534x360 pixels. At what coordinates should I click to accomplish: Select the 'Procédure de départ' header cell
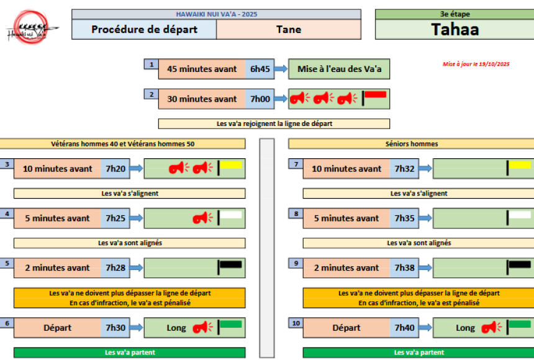pyautogui.click(x=144, y=29)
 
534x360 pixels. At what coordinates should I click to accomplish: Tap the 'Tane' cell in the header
pyautogui.click(x=288, y=29)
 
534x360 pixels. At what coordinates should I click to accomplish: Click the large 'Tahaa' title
pyautogui.click(x=455, y=29)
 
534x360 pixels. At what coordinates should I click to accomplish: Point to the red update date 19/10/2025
pyautogui.click(x=476, y=64)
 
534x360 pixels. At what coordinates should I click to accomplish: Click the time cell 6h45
pyautogui.click(x=259, y=70)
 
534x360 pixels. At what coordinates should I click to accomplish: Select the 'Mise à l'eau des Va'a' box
pyautogui.click(x=339, y=70)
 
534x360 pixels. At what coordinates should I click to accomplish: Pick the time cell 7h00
pyautogui.click(x=259, y=99)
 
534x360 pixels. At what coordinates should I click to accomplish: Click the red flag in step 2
pyautogui.click(x=375, y=95)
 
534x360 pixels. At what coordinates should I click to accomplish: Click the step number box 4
pyautogui.click(x=7, y=214)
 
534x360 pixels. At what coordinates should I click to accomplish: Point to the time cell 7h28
pyautogui.click(x=115, y=268)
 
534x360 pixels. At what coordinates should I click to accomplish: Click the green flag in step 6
pyautogui.click(x=232, y=324)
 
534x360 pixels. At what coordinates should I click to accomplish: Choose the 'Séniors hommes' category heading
pyautogui.click(x=412, y=144)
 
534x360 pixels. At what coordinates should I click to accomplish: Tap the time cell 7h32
pyautogui.click(x=404, y=169)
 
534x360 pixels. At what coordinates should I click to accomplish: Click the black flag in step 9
pyautogui.click(x=520, y=264)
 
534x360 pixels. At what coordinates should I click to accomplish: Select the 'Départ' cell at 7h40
pyautogui.click(x=346, y=328)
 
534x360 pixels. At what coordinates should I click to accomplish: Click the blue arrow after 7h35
pyautogui.click(x=425, y=218)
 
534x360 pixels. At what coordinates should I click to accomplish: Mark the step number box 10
pyautogui.click(x=296, y=323)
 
